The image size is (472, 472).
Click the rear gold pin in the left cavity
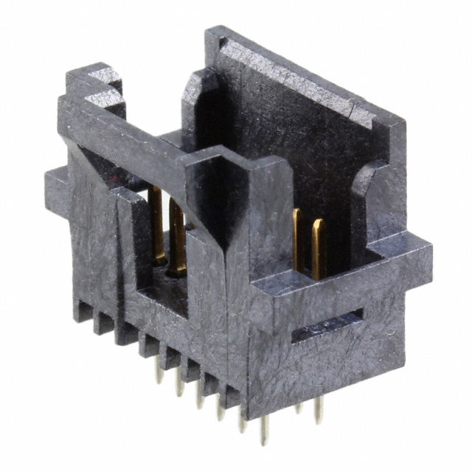click(x=156, y=221)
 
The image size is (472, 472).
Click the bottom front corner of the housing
click(x=258, y=413)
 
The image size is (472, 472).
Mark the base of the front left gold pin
click(x=177, y=270)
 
